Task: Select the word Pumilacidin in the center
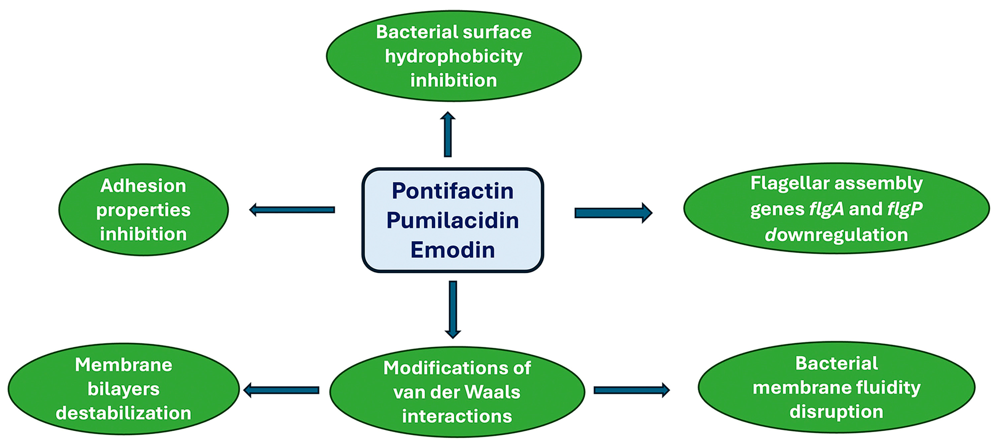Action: (452, 221)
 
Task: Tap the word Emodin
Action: (452, 250)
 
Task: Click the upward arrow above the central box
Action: (448, 134)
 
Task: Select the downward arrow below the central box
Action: (453, 309)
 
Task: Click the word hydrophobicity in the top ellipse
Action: (454, 57)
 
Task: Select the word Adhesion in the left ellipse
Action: (143, 186)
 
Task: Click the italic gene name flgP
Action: (905, 209)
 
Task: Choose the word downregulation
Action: (836, 235)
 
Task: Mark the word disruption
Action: (836, 412)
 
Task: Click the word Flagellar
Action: (790, 183)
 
